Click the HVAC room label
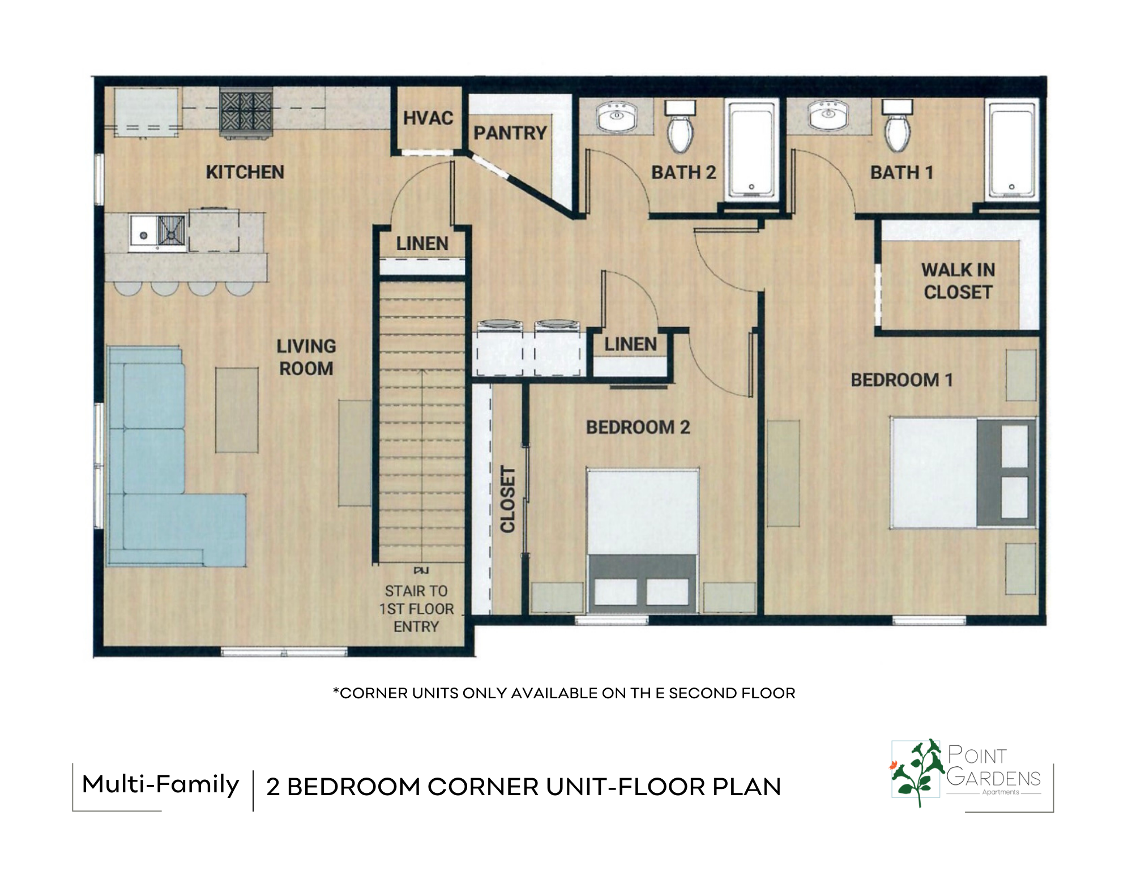[x=428, y=118]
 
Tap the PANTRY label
[x=510, y=133]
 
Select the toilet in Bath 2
[x=680, y=126]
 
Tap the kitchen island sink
[x=157, y=233]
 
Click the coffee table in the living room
[x=237, y=409]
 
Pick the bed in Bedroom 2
[x=643, y=540]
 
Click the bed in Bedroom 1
[x=963, y=473]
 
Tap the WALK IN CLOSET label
[x=958, y=281]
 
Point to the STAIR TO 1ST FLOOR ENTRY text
[x=416, y=609]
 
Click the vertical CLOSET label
[x=508, y=500]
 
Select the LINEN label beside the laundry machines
[x=630, y=344]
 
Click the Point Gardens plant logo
[x=916, y=772]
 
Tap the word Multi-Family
[x=161, y=786]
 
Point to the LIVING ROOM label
[x=306, y=357]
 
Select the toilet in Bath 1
[x=898, y=126]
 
